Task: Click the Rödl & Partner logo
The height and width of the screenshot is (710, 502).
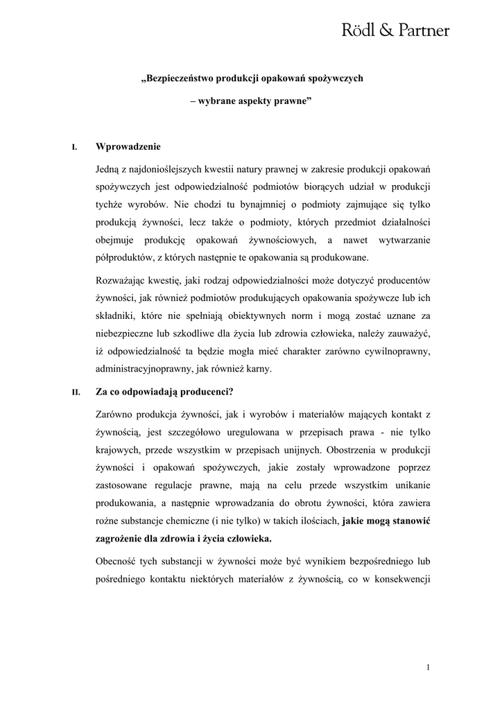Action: pos(396,31)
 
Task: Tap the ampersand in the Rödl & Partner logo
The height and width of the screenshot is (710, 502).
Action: pos(381,31)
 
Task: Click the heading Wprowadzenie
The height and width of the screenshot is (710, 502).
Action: pos(128,146)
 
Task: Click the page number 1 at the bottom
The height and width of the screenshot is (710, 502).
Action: pos(429,667)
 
